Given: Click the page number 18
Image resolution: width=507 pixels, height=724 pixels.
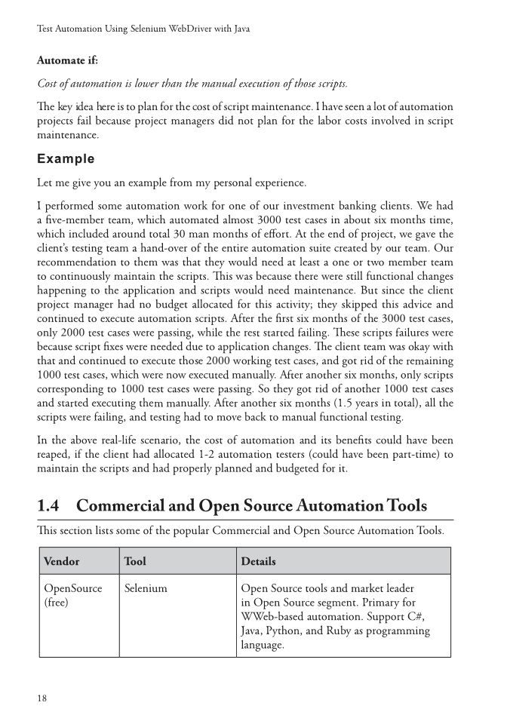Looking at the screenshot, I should (42, 698).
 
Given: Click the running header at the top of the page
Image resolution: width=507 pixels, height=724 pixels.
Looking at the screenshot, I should (143, 29).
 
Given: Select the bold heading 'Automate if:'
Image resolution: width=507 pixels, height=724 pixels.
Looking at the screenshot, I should (67, 60).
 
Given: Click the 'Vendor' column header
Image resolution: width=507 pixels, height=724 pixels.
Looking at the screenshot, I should (62, 562).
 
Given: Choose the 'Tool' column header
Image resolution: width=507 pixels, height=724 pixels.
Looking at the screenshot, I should (135, 562).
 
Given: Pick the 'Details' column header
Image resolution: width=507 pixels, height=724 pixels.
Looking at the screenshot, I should (258, 562).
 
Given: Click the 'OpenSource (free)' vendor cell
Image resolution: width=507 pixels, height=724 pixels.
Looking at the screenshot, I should (72, 595).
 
